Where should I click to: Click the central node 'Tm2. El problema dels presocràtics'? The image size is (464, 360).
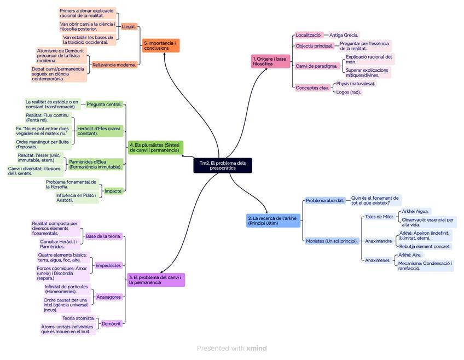[x=222, y=165]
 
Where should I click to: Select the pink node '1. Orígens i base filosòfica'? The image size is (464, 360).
[x=270, y=61]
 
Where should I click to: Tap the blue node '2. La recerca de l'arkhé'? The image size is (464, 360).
[x=272, y=220]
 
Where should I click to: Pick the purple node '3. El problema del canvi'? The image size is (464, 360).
[x=156, y=280]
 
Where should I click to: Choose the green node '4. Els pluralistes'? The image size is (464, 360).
[x=155, y=147]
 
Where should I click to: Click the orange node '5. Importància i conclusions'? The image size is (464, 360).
[x=161, y=45]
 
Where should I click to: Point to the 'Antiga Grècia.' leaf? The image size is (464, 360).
[x=344, y=35]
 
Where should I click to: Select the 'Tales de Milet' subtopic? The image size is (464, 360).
[x=379, y=217]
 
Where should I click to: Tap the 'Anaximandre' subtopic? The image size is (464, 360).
[x=378, y=241]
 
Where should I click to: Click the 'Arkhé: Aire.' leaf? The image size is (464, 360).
[x=409, y=255]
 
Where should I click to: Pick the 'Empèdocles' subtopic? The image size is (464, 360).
[x=108, y=265]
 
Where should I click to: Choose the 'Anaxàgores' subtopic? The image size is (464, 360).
[x=109, y=297]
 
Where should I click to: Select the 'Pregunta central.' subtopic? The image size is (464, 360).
[x=104, y=104]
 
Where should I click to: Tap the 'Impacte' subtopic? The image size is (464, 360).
[x=113, y=191]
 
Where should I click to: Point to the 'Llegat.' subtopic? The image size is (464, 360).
[x=129, y=26]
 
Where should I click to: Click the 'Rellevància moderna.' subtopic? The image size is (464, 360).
[x=114, y=65]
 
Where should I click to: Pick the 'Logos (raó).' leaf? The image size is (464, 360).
[x=349, y=92]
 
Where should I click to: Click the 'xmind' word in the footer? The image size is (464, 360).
[x=257, y=348]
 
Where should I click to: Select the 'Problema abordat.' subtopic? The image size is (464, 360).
[x=325, y=201]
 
